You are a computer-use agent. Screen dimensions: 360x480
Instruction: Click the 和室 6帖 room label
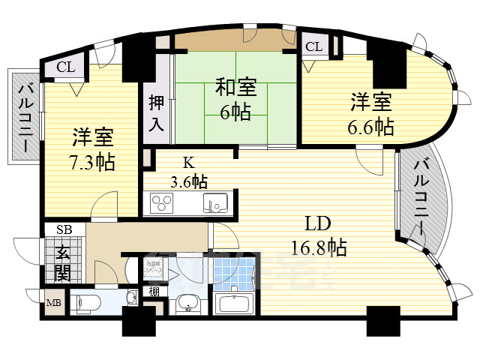[x=236, y=99]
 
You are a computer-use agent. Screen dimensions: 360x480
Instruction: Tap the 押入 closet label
[x=155, y=113]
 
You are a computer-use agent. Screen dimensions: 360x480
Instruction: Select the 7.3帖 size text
[x=93, y=161]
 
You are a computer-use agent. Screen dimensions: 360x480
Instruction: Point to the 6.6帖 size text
[x=370, y=125]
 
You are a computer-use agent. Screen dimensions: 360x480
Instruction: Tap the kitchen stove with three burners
[x=162, y=202]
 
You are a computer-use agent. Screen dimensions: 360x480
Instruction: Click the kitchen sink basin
[x=217, y=202]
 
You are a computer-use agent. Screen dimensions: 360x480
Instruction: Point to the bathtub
[x=235, y=304]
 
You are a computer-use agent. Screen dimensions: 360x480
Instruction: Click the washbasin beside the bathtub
[x=187, y=304]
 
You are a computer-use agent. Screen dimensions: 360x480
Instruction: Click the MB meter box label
[x=55, y=304]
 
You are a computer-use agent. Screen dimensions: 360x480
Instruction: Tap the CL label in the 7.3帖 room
[x=66, y=67]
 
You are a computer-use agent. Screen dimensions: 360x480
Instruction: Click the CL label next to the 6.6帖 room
[x=313, y=47]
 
